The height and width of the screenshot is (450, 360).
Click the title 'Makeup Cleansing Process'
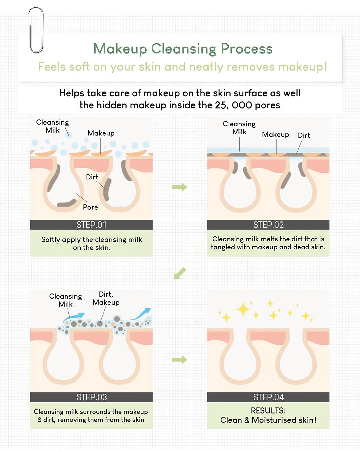[x=183, y=49]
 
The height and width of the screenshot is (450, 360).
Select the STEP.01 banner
[x=91, y=225]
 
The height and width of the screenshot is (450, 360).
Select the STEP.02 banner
[x=268, y=225]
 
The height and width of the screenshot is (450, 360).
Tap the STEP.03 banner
[x=91, y=397]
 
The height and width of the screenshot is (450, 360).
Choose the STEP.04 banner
[x=268, y=397]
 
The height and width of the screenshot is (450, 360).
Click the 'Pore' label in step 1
[x=90, y=207]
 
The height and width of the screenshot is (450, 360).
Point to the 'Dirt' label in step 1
[x=92, y=177]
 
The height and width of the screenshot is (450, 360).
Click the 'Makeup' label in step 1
[x=101, y=133]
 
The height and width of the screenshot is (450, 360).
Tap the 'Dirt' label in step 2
[x=304, y=135]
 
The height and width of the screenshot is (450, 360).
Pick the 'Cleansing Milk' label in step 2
[x=239, y=128]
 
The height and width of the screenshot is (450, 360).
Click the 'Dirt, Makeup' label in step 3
[x=106, y=298]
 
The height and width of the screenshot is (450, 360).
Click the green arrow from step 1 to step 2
[x=179, y=187]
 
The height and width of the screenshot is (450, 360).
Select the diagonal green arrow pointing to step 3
[x=180, y=273]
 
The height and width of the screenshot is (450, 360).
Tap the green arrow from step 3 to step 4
[x=179, y=360]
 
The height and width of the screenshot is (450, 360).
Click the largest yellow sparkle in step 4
[x=243, y=309]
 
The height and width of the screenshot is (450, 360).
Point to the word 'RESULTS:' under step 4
[x=268, y=411]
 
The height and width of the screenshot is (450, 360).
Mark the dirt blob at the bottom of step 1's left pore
[x=67, y=203]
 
